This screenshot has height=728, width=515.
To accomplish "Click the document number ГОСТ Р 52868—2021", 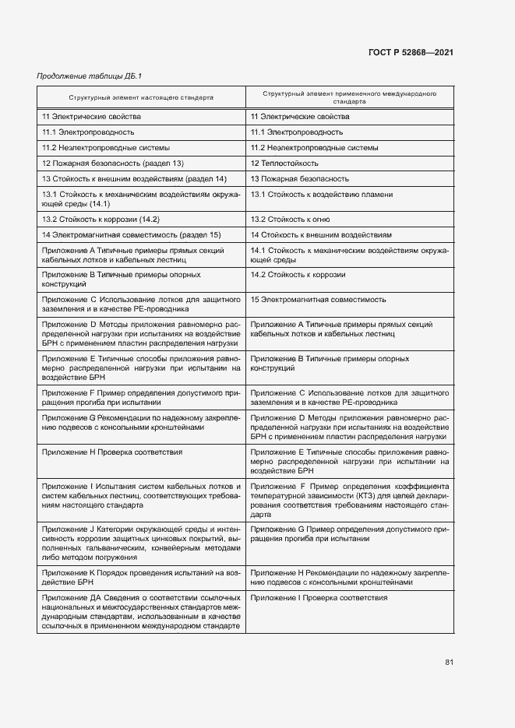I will click(x=411, y=52).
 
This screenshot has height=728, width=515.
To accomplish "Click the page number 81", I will click(x=449, y=662).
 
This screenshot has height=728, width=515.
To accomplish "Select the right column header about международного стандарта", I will click(x=349, y=97).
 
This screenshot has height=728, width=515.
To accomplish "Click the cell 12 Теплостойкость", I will click(x=285, y=164).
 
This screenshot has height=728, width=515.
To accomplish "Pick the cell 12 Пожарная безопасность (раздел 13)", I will click(x=113, y=164).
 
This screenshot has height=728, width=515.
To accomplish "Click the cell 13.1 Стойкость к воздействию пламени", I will click(x=322, y=195).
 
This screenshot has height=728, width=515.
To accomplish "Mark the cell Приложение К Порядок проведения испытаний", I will click(x=140, y=577).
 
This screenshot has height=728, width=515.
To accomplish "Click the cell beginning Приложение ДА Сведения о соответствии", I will click(x=140, y=612).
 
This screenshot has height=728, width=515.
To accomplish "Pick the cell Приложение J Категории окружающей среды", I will click(x=140, y=541).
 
